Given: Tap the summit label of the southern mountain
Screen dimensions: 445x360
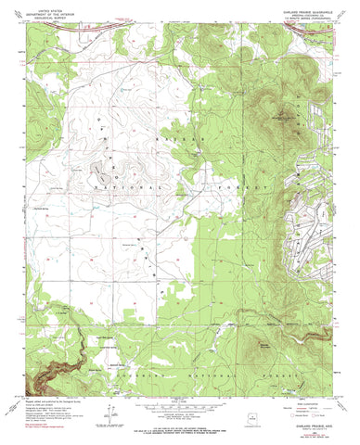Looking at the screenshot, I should (265, 346).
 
